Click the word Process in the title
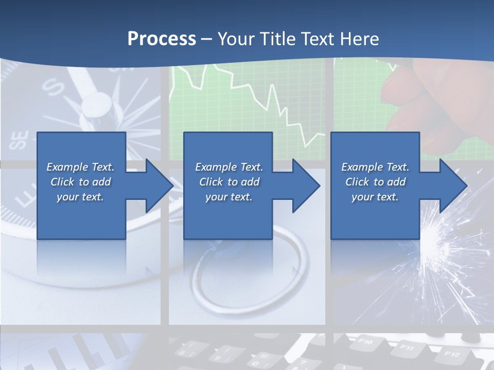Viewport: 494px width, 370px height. click(162, 39)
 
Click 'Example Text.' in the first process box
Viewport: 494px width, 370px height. click(80, 167)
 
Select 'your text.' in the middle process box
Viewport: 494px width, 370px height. click(228, 197)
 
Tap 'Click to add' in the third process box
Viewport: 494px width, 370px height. click(375, 182)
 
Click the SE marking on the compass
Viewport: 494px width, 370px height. click(20, 140)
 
